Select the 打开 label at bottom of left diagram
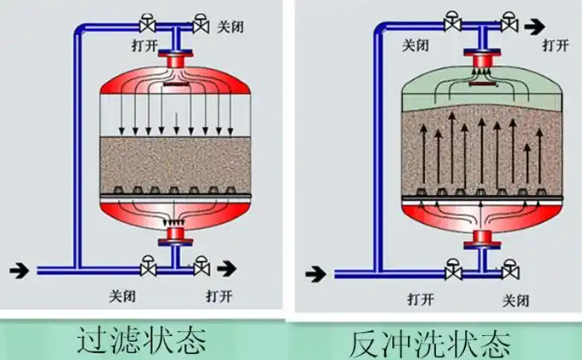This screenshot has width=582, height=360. click(219, 296)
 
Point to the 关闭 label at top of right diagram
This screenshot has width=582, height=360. click(418, 45)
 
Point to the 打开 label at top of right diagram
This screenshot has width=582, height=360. click(556, 45)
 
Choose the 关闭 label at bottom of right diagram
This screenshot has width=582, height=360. click(517, 298)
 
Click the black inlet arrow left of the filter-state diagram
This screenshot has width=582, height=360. click(19, 268)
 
